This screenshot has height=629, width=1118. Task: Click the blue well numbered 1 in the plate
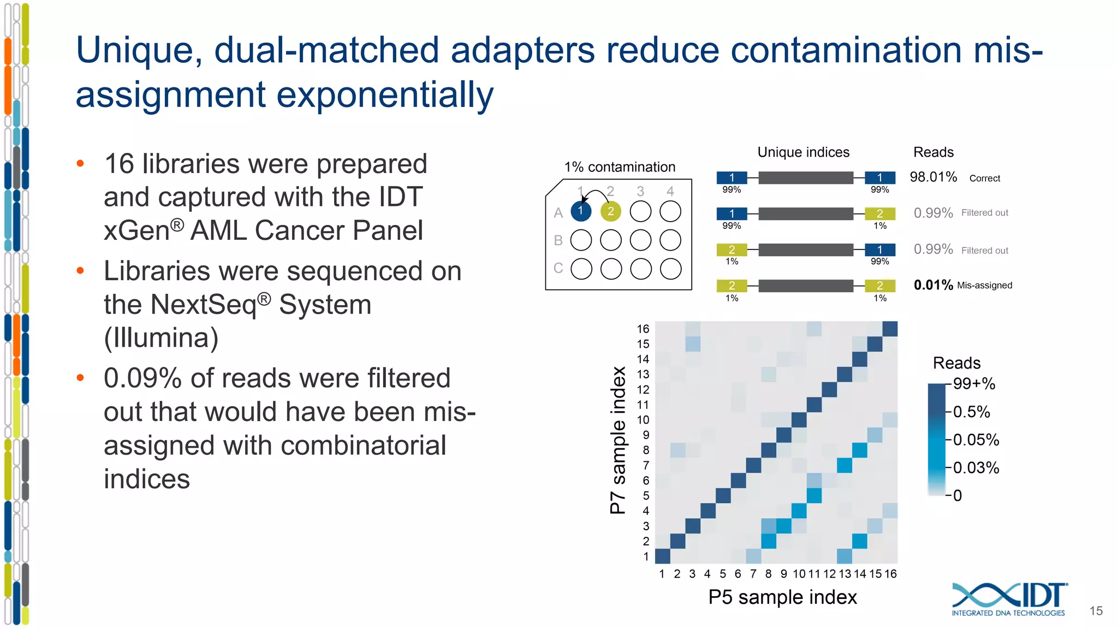[581, 211]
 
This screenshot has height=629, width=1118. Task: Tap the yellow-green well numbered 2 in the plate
[610, 211]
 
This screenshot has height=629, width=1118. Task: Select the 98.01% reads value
[933, 177]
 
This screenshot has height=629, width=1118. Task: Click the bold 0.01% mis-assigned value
[933, 285]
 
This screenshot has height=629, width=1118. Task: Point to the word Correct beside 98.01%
[984, 179]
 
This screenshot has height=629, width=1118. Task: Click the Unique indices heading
[803, 152]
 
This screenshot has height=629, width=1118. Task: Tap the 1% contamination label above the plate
[620, 167]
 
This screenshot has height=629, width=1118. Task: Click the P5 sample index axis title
[782, 597]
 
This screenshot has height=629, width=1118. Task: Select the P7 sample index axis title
[618, 440]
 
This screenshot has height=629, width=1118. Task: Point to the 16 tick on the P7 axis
[643, 329]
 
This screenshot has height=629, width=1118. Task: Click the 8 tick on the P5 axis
[768, 574]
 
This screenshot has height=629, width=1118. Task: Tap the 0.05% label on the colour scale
[976, 440]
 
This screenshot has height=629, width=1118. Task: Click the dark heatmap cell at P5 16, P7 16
[890, 329]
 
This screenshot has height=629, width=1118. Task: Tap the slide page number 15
[1096, 611]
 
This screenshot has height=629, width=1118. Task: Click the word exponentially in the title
[385, 95]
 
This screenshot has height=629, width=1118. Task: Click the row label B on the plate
[558, 240]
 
